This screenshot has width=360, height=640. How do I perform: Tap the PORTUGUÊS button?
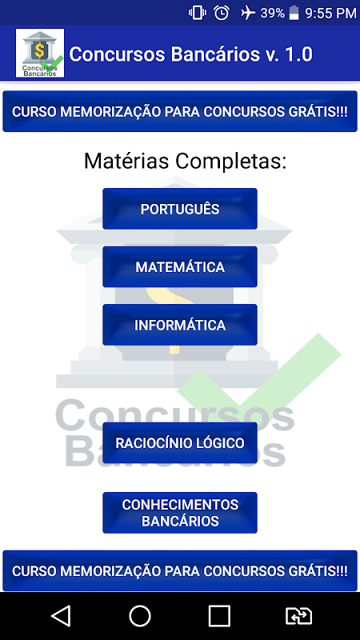179,209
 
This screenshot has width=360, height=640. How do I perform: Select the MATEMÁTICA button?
179,266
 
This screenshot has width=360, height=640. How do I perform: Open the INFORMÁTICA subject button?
179,325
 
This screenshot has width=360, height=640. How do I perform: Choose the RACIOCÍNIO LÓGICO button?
179,443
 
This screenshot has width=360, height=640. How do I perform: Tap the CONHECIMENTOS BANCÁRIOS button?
179,513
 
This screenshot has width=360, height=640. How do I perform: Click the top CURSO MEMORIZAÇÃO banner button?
180,111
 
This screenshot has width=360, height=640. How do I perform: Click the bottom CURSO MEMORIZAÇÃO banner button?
180,570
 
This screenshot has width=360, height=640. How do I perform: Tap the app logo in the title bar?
40,53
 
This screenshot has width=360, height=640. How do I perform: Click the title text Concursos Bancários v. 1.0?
191,54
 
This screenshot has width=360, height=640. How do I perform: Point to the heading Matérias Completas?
186,161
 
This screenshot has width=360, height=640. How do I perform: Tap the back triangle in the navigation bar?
61,615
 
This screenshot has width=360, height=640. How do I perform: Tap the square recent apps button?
219,615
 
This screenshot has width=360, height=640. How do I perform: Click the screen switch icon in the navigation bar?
298,615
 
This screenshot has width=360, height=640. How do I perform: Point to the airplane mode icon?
248,13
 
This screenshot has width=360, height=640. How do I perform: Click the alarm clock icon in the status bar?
222,13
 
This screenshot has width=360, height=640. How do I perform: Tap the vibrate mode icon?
197,13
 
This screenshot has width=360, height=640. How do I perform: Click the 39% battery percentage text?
272,13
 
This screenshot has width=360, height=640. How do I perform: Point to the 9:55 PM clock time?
330,13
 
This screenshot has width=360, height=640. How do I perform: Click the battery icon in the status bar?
294,13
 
